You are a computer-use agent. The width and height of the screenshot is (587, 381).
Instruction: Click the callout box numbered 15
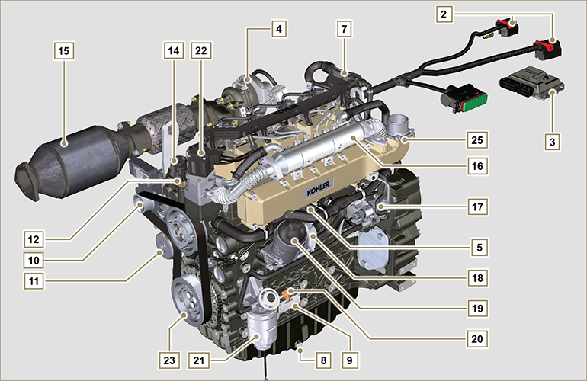pyautogui.click(x=64, y=50)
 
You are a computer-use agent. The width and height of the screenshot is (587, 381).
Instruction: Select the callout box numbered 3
pyautogui.click(x=552, y=142)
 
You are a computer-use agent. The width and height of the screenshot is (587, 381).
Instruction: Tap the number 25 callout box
pyautogui.click(x=477, y=140)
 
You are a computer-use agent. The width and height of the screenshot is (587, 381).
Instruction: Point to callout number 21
pyautogui.click(x=199, y=360)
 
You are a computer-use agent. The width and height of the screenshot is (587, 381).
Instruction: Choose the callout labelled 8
pyautogui.click(x=323, y=360)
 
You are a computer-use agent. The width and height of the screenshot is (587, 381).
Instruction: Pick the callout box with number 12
pyautogui.click(x=34, y=239)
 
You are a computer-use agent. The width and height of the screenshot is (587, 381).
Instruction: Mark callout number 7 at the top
pyautogui.click(x=344, y=28)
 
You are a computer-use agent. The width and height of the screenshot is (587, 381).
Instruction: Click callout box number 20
pyautogui.click(x=477, y=338)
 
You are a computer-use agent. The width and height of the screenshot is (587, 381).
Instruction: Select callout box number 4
pyautogui.click(x=279, y=28)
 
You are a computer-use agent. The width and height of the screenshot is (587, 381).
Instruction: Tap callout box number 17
pyautogui.click(x=477, y=207)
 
